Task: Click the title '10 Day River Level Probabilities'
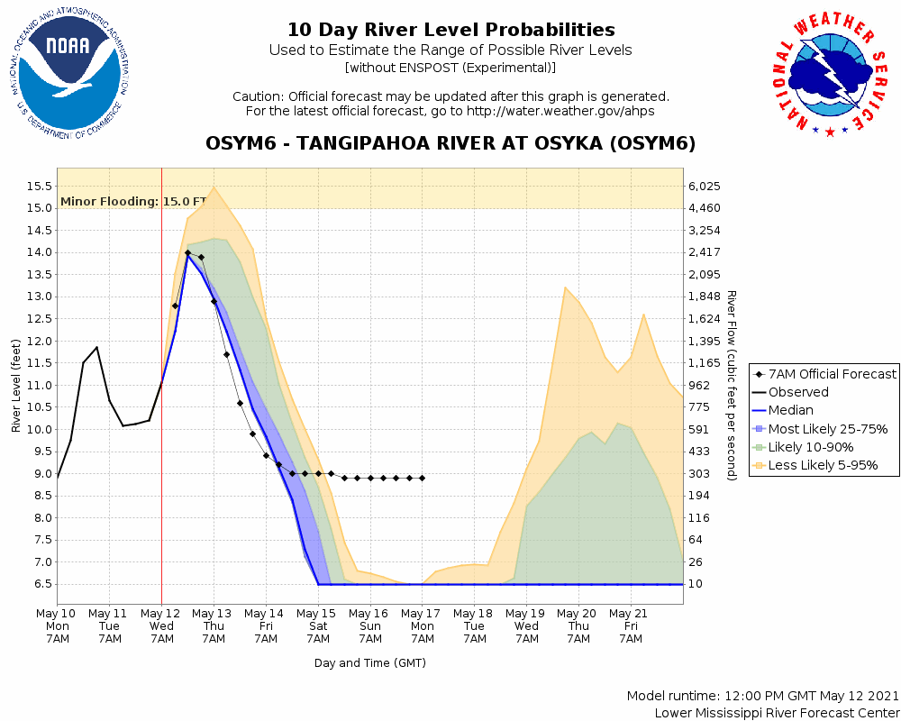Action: (450, 30)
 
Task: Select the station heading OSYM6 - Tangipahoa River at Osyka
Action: (450, 144)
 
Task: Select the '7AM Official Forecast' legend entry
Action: (824, 374)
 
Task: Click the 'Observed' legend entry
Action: (798, 392)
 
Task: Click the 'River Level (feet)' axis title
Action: (16, 386)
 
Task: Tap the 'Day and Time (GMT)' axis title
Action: (369, 662)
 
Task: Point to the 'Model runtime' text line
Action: (762, 696)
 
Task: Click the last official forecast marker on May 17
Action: (422, 478)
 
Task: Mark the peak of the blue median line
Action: (187, 255)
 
